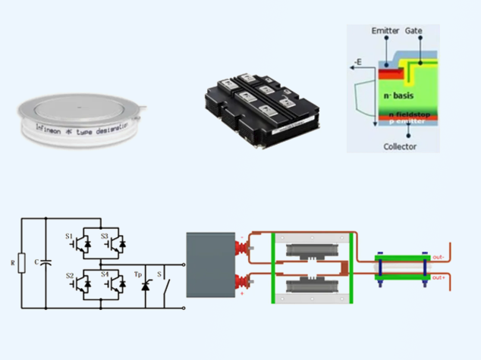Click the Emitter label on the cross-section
(385, 31)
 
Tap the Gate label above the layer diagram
(415, 31)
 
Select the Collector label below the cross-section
(399, 146)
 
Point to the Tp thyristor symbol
(144, 286)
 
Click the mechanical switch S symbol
(166, 286)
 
